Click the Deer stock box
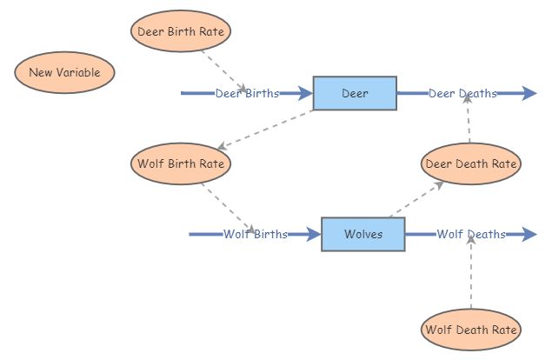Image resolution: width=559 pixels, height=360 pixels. [355, 93]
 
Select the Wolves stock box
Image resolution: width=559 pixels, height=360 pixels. [363, 234]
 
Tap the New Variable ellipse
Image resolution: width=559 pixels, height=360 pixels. [64, 72]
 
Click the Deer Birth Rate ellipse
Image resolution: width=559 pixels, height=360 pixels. [182, 31]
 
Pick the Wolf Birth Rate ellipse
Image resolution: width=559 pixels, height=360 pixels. [182, 163]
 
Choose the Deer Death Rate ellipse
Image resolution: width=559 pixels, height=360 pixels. [470, 163]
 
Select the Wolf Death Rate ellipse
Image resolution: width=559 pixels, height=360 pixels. [470, 330]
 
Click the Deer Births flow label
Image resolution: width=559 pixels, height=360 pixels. [247, 93]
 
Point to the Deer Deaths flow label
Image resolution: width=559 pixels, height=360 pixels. [463, 93]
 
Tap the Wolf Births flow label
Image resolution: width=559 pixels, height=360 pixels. [255, 234]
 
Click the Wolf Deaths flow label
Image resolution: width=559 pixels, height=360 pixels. [470, 234]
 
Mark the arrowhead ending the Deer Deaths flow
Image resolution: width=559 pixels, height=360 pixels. [531, 93]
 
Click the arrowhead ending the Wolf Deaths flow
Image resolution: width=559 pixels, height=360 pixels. [531, 234]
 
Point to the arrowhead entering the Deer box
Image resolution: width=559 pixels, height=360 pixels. [305, 93]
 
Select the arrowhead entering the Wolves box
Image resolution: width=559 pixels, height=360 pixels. [314, 234]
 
